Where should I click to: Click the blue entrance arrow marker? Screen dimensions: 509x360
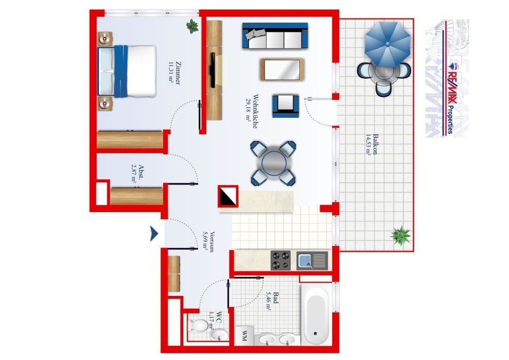point(154,233)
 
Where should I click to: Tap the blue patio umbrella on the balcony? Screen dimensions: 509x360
point(387,44)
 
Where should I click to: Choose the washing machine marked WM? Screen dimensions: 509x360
point(244,335)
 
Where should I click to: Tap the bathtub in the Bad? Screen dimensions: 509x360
point(315,315)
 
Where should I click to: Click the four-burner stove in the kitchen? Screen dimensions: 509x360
point(280,261)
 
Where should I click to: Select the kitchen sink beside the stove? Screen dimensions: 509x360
point(312,261)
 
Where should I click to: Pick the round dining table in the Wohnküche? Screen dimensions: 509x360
point(274,163)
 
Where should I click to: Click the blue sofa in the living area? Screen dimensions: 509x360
point(275,36)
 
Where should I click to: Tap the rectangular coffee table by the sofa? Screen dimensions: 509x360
point(282,69)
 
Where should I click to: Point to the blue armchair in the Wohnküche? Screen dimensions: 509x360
point(286,106)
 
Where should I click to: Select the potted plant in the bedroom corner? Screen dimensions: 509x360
point(192,26)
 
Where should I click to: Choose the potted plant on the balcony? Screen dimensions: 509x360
point(401,235)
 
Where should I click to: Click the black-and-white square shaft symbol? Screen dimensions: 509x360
point(228,196)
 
